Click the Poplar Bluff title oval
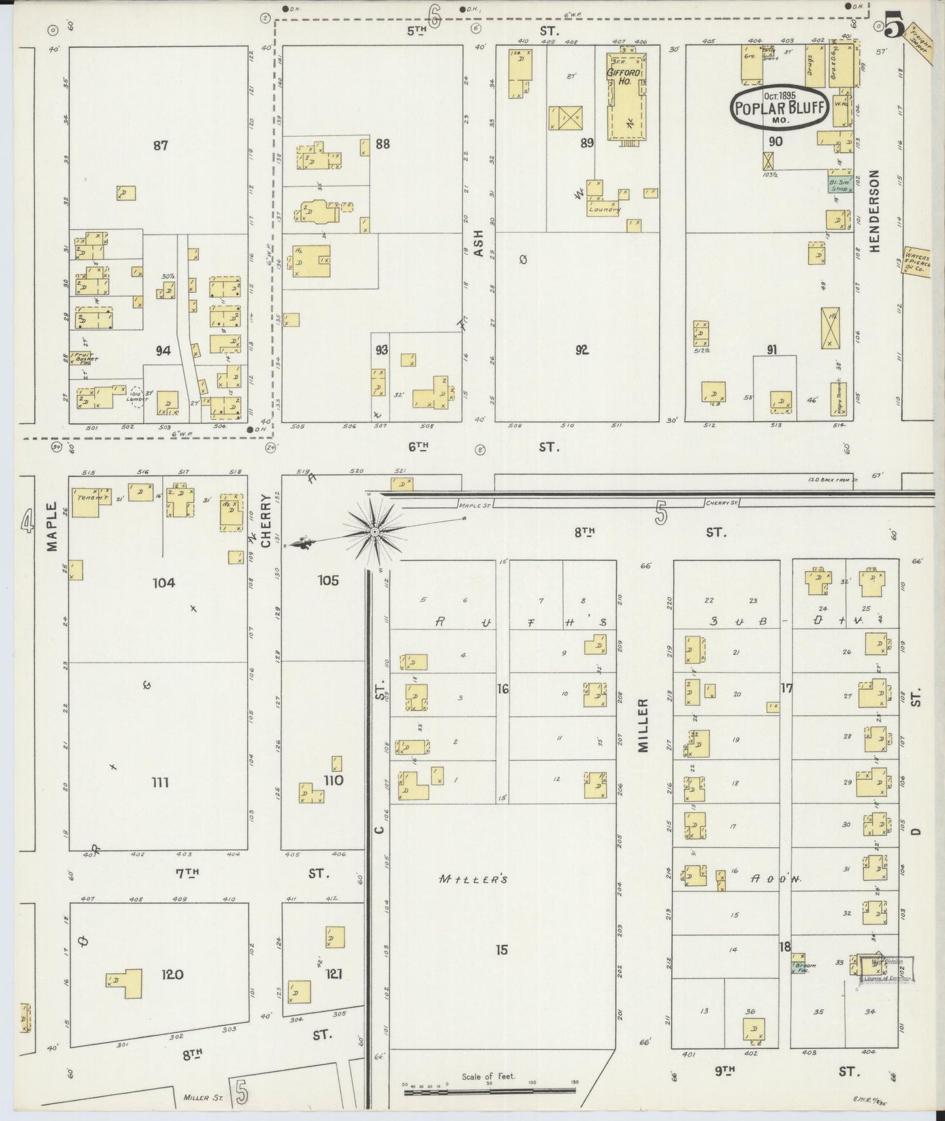coord(780,107)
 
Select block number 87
coord(160,145)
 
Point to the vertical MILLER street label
coord(642,725)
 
